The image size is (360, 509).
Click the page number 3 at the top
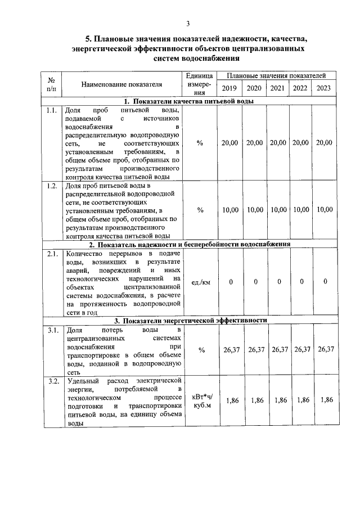pyautogui.click(x=188, y=23)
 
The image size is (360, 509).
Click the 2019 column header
pyautogui.click(x=229, y=88)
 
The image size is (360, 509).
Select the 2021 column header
pyautogui.click(x=277, y=88)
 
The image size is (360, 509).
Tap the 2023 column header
pyautogui.click(x=324, y=88)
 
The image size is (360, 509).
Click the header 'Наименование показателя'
pyautogui.click(x=121, y=84)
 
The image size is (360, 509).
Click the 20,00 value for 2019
pyautogui.click(x=229, y=143)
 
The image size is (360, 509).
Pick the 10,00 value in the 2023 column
pyautogui.click(x=325, y=210)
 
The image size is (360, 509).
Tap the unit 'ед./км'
pyautogui.click(x=200, y=282)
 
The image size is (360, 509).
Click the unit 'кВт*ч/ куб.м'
pyautogui.click(x=200, y=400)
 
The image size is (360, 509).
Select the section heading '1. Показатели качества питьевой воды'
pyautogui.click(x=188, y=101)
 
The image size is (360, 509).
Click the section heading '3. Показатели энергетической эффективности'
pyautogui.click(x=188, y=320)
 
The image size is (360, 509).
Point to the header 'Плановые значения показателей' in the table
pyautogui.click(x=277, y=75)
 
